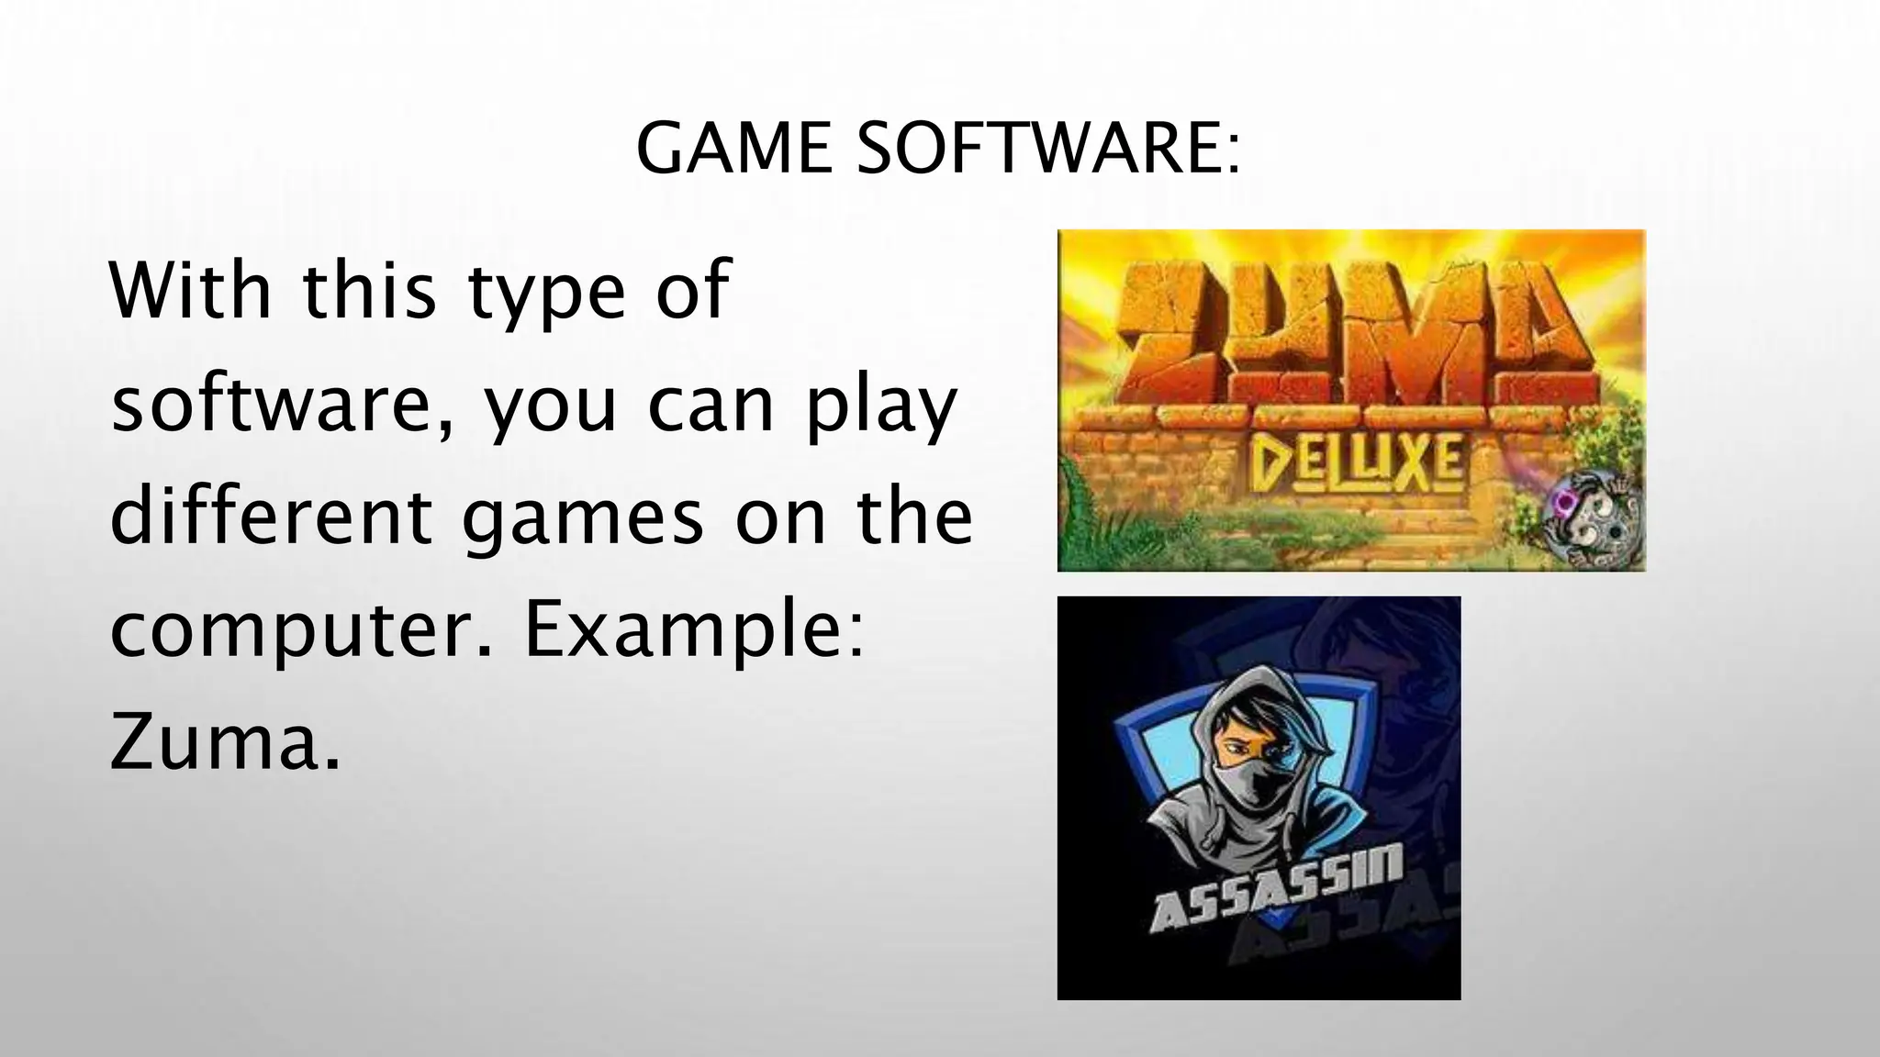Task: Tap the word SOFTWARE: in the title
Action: click(1047, 150)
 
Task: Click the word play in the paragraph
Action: click(882, 408)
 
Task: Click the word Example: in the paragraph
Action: click(694, 633)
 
